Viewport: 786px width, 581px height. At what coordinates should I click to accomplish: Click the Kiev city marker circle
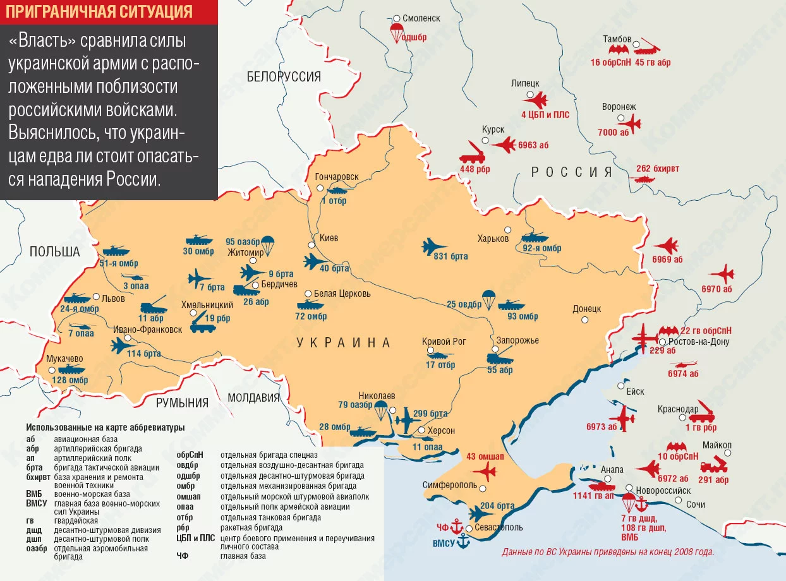click(x=311, y=245)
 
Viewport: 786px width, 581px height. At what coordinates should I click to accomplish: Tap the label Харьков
click(x=493, y=239)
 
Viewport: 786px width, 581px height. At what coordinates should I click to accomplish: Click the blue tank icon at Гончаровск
click(x=336, y=189)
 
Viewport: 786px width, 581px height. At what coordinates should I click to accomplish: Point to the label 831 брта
click(x=450, y=256)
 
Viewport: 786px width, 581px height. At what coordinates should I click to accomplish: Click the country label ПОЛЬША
click(x=54, y=252)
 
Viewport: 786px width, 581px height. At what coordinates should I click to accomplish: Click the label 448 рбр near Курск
click(x=476, y=169)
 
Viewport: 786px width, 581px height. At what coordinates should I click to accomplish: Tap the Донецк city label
click(x=586, y=309)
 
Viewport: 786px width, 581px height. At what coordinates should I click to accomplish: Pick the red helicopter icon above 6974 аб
click(x=683, y=364)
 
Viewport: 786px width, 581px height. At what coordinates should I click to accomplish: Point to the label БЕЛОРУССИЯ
click(x=284, y=77)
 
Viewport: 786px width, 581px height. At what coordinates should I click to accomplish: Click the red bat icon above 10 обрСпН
click(x=678, y=446)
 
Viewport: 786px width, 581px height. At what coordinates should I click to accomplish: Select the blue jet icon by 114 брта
click(x=122, y=345)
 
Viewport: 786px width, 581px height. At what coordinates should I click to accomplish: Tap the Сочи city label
click(x=696, y=505)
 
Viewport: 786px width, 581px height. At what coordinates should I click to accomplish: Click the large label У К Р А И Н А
click(x=343, y=342)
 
